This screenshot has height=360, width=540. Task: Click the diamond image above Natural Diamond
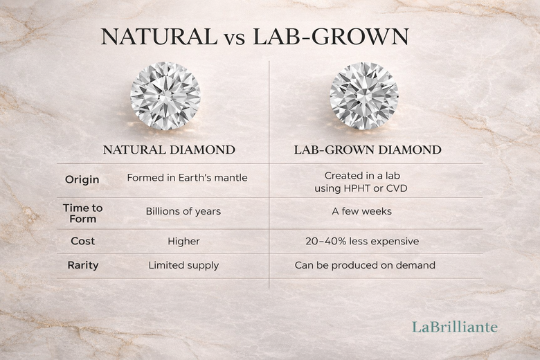coord(165,97)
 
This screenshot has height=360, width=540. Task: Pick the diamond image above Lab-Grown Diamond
coord(364,96)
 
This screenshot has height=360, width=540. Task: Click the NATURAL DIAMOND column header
coord(169,150)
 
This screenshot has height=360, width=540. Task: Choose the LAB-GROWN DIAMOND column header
coord(367,150)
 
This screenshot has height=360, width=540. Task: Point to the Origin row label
coord(82,179)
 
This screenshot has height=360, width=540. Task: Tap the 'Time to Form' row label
coord(82,213)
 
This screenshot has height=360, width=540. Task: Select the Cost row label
coord(82,242)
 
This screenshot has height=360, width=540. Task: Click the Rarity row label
coord(82,265)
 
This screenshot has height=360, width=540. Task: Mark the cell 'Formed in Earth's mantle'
coord(187,178)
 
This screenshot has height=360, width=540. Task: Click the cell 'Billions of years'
coord(183,211)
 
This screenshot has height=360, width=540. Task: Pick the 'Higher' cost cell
coord(183,242)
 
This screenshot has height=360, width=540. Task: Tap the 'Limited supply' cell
coord(183,265)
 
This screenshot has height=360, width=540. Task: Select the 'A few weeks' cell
coord(361,211)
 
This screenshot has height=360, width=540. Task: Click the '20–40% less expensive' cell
coord(362,242)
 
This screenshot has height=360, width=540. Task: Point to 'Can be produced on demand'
coord(365,265)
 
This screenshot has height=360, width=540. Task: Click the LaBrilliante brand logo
coord(455,327)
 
